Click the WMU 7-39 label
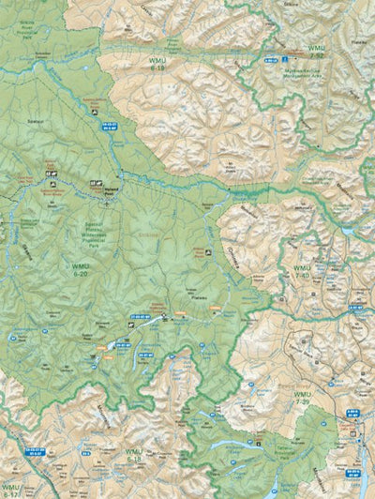[302, 400]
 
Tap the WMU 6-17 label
[12, 489]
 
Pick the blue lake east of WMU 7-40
[348, 230]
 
